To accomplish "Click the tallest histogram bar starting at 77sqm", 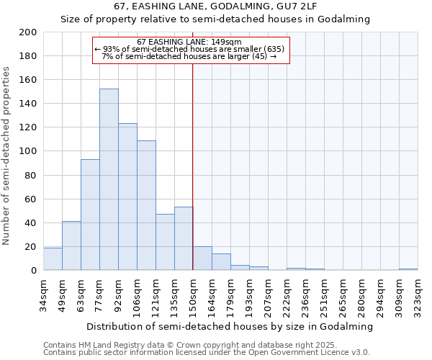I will [109, 180].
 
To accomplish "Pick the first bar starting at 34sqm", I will [53, 259].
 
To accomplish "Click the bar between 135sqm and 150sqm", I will [184, 238].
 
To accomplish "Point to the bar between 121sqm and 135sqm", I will [165, 242].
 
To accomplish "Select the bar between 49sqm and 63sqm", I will [71, 246].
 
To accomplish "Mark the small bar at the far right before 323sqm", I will [408, 269].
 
